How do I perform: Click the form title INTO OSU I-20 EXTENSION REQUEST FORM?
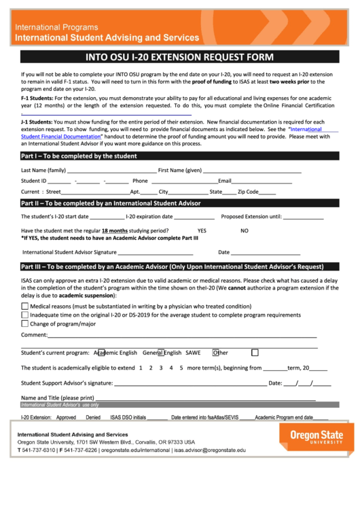(179, 57)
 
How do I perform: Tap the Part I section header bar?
(179, 156)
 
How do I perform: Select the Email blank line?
(262, 181)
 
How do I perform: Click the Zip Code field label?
(244, 192)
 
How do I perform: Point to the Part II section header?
(179, 203)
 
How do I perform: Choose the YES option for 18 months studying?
(202, 231)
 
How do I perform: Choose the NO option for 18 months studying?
(245, 231)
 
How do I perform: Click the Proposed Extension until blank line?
(303, 217)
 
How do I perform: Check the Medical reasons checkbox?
(25, 306)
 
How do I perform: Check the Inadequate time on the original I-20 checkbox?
(25, 315)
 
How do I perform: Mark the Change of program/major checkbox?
(25, 323)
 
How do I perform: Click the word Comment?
(34, 335)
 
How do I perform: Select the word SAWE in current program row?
(193, 353)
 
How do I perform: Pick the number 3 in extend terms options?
(161, 368)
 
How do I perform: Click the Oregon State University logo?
(317, 436)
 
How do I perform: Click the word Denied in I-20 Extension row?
(93, 417)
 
